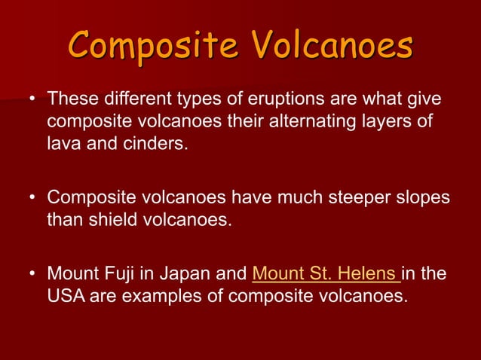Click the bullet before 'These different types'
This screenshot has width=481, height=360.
(x=32, y=101)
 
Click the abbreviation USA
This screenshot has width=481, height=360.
(x=65, y=295)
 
